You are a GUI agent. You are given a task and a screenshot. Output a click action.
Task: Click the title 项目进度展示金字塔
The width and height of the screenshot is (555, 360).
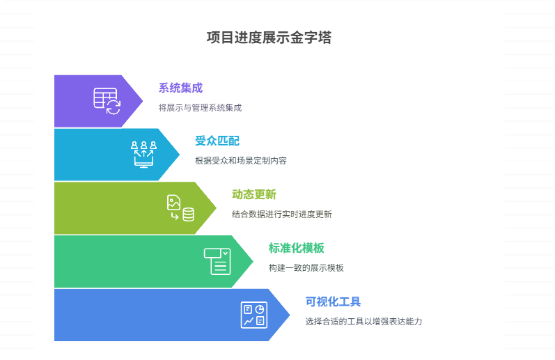pos(269,38)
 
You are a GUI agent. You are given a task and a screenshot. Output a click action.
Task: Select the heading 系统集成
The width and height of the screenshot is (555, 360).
pos(180,88)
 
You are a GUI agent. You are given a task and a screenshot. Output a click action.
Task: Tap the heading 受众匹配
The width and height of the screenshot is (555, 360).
pos(217,141)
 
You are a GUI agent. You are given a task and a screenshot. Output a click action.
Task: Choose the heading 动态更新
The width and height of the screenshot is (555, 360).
pos(254,194)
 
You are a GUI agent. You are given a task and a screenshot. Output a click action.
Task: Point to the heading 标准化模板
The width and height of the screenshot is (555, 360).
pos(296,248)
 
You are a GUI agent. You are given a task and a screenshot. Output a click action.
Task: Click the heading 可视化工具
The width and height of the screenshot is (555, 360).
pos(333,302)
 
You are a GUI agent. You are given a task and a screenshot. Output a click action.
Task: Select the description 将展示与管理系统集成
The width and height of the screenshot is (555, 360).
pos(200,108)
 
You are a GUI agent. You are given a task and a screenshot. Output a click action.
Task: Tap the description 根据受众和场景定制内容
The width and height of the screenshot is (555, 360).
pos(241,161)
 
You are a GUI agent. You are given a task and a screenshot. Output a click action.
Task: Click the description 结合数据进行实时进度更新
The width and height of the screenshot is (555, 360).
pos(282,214)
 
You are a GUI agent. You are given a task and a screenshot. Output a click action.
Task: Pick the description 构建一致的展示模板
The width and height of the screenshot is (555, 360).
pos(306,268)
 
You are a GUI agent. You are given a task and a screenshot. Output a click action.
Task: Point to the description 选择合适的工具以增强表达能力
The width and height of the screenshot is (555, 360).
pos(364,322)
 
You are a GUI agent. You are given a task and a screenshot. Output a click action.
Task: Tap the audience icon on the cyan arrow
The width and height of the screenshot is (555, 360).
pos(144,154)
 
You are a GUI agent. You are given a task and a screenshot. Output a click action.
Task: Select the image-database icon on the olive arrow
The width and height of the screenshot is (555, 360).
pos(180,208)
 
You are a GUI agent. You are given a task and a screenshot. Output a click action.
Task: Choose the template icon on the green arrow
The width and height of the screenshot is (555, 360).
pos(217,261)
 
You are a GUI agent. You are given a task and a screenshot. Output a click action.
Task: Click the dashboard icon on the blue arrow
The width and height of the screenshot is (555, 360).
pos(253,315)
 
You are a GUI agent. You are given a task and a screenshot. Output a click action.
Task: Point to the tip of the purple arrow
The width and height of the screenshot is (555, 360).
pos(142,101)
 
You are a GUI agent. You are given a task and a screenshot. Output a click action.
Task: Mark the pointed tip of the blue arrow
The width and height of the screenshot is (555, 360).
pos(289,315)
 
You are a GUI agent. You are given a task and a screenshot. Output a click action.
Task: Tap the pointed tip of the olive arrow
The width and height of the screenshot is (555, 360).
pos(216,208)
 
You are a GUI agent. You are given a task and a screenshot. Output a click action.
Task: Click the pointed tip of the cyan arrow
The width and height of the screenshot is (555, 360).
pos(179,154)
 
